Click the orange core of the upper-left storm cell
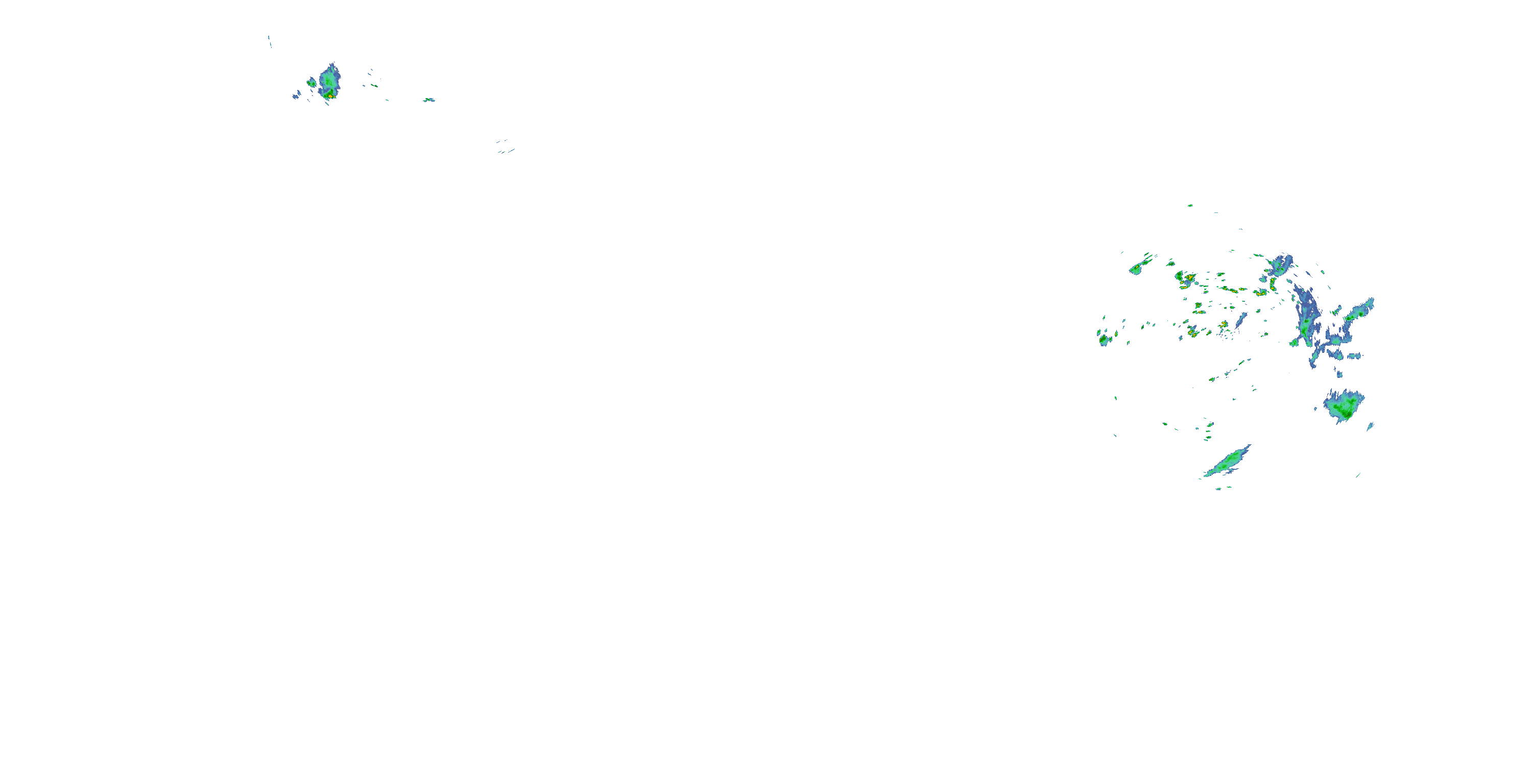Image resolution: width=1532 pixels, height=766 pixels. click(330, 94)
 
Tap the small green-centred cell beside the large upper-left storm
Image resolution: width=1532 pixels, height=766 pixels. click(311, 82)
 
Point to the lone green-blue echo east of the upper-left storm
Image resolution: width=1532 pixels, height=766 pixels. click(429, 100)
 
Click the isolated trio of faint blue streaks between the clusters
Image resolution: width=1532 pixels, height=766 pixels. click(505, 146)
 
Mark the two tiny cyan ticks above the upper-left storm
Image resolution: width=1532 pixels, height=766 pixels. click(270, 40)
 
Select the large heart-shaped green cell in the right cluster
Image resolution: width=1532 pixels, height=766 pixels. click(1344, 405)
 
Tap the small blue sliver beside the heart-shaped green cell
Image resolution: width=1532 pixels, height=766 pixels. click(1370, 426)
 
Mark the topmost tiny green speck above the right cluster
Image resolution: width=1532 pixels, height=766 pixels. click(1190, 206)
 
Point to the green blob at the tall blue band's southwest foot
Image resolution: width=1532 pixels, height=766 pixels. click(1294, 343)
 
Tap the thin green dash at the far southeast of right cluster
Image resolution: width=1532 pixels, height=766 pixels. click(1358, 474)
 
